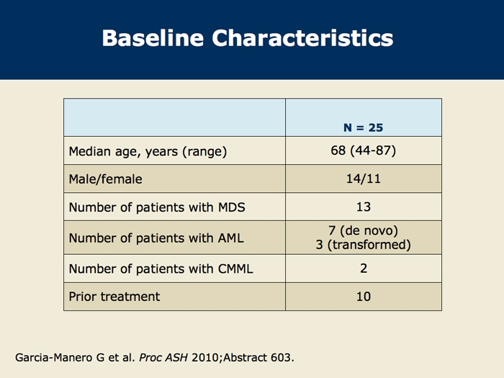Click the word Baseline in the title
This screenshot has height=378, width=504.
tap(153, 38)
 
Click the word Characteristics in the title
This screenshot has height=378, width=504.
tap(302, 38)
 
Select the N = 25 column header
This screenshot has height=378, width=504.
tap(363, 127)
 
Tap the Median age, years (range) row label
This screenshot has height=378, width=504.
tap(148, 151)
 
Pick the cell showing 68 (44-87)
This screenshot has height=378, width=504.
tap(363, 150)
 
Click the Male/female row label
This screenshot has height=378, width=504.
tap(105, 179)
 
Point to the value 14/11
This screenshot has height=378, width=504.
tap(363, 179)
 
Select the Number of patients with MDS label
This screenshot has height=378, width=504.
tap(157, 207)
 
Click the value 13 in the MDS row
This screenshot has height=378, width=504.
tap(363, 207)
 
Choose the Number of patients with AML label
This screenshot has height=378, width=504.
tap(156, 238)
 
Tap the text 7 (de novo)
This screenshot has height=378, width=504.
tap(363, 230)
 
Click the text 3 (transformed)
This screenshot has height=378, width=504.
tap(363, 245)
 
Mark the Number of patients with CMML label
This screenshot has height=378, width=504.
tap(161, 269)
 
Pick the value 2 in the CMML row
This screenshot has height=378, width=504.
tap(364, 268)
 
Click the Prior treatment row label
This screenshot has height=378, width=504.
tap(114, 297)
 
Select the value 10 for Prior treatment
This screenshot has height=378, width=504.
tap(363, 297)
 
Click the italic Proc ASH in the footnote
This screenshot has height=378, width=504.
tap(163, 357)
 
